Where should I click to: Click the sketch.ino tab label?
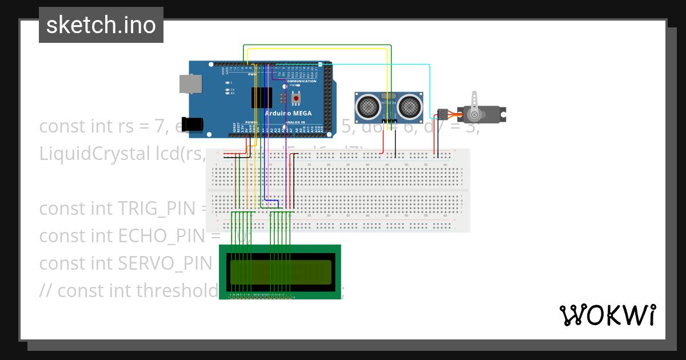101,25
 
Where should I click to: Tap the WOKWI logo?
607,315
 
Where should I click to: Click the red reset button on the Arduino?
296,99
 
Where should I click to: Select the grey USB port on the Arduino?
190,84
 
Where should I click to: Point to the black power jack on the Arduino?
194,124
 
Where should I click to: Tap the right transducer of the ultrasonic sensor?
410,106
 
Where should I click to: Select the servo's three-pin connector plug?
441,114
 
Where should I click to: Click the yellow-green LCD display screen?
280,275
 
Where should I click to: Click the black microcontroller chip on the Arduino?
262,98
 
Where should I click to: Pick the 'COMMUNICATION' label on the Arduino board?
300,81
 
